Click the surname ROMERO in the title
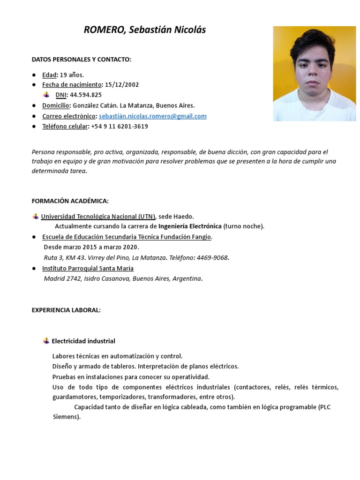(103, 30)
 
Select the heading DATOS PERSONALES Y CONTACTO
(82, 60)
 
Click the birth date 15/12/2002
(122, 85)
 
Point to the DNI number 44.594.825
(86, 95)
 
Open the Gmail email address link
(153, 116)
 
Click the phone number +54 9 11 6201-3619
(120, 127)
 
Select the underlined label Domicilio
(56, 106)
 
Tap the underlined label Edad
(49, 75)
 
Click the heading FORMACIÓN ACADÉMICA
(70, 201)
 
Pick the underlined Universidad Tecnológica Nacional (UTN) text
(98, 217)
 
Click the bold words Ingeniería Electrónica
(190, 226)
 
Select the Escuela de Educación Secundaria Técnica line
(127, 237)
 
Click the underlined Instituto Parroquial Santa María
(88, 269)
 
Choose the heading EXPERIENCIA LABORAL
(66, 310)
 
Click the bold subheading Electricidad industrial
(83, 341)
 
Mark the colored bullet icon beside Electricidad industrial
(46, 341)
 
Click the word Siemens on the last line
(66, 417)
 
